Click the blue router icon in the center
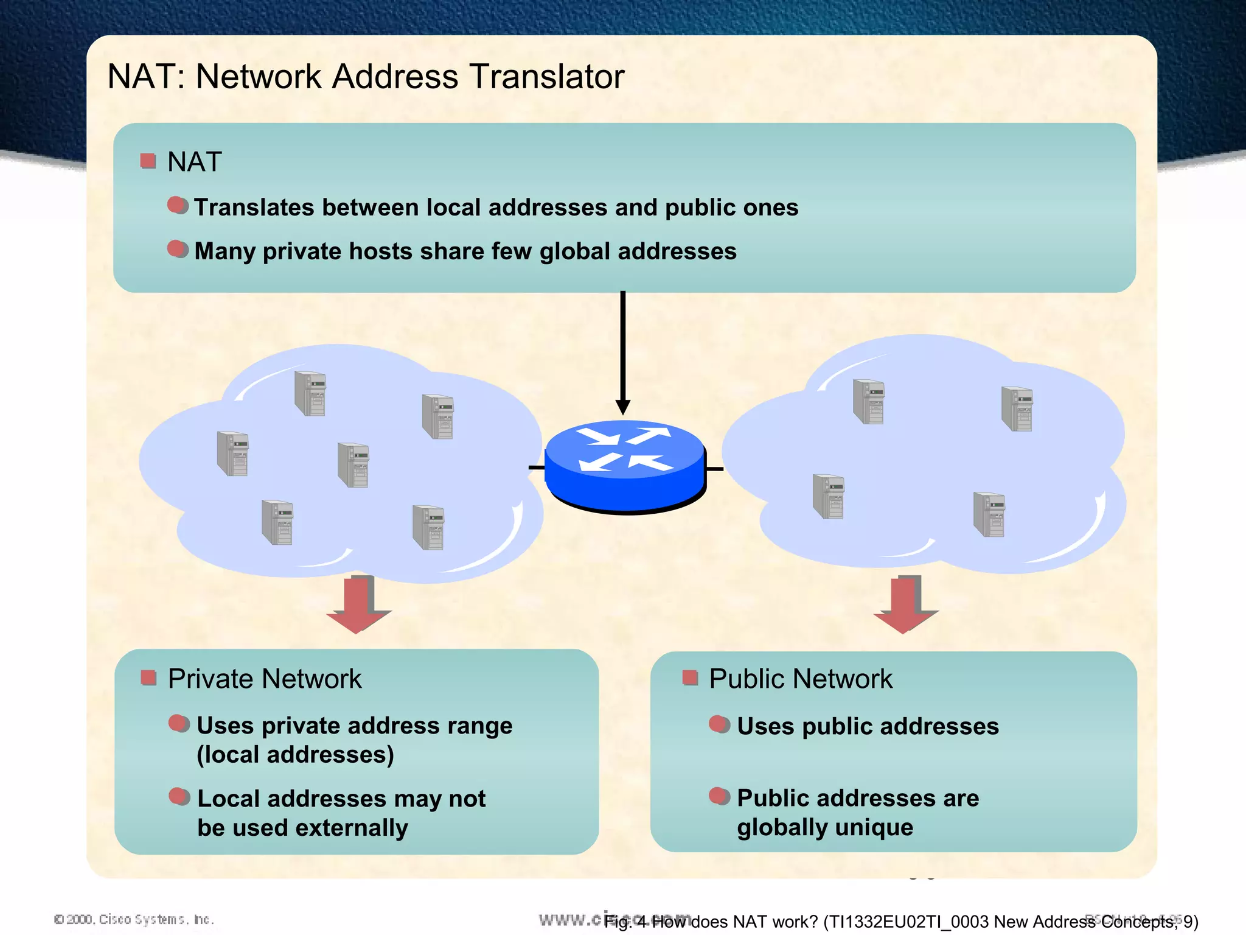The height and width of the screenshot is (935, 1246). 625,466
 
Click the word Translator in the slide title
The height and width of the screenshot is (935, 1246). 546,77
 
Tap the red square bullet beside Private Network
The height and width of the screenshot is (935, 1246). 148,678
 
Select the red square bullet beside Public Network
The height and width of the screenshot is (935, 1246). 689,678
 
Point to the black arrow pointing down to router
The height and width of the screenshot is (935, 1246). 622,353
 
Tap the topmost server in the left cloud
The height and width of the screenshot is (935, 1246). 310,393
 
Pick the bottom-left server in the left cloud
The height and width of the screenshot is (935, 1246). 277,522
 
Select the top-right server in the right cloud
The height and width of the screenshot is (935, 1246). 1017,408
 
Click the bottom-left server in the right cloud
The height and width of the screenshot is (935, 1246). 829,496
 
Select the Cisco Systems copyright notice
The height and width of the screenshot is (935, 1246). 134,919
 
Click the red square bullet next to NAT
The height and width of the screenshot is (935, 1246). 148,161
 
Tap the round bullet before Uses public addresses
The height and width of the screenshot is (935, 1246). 719,724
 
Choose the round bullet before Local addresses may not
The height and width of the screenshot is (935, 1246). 179,796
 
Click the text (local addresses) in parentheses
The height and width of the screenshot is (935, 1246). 295,755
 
